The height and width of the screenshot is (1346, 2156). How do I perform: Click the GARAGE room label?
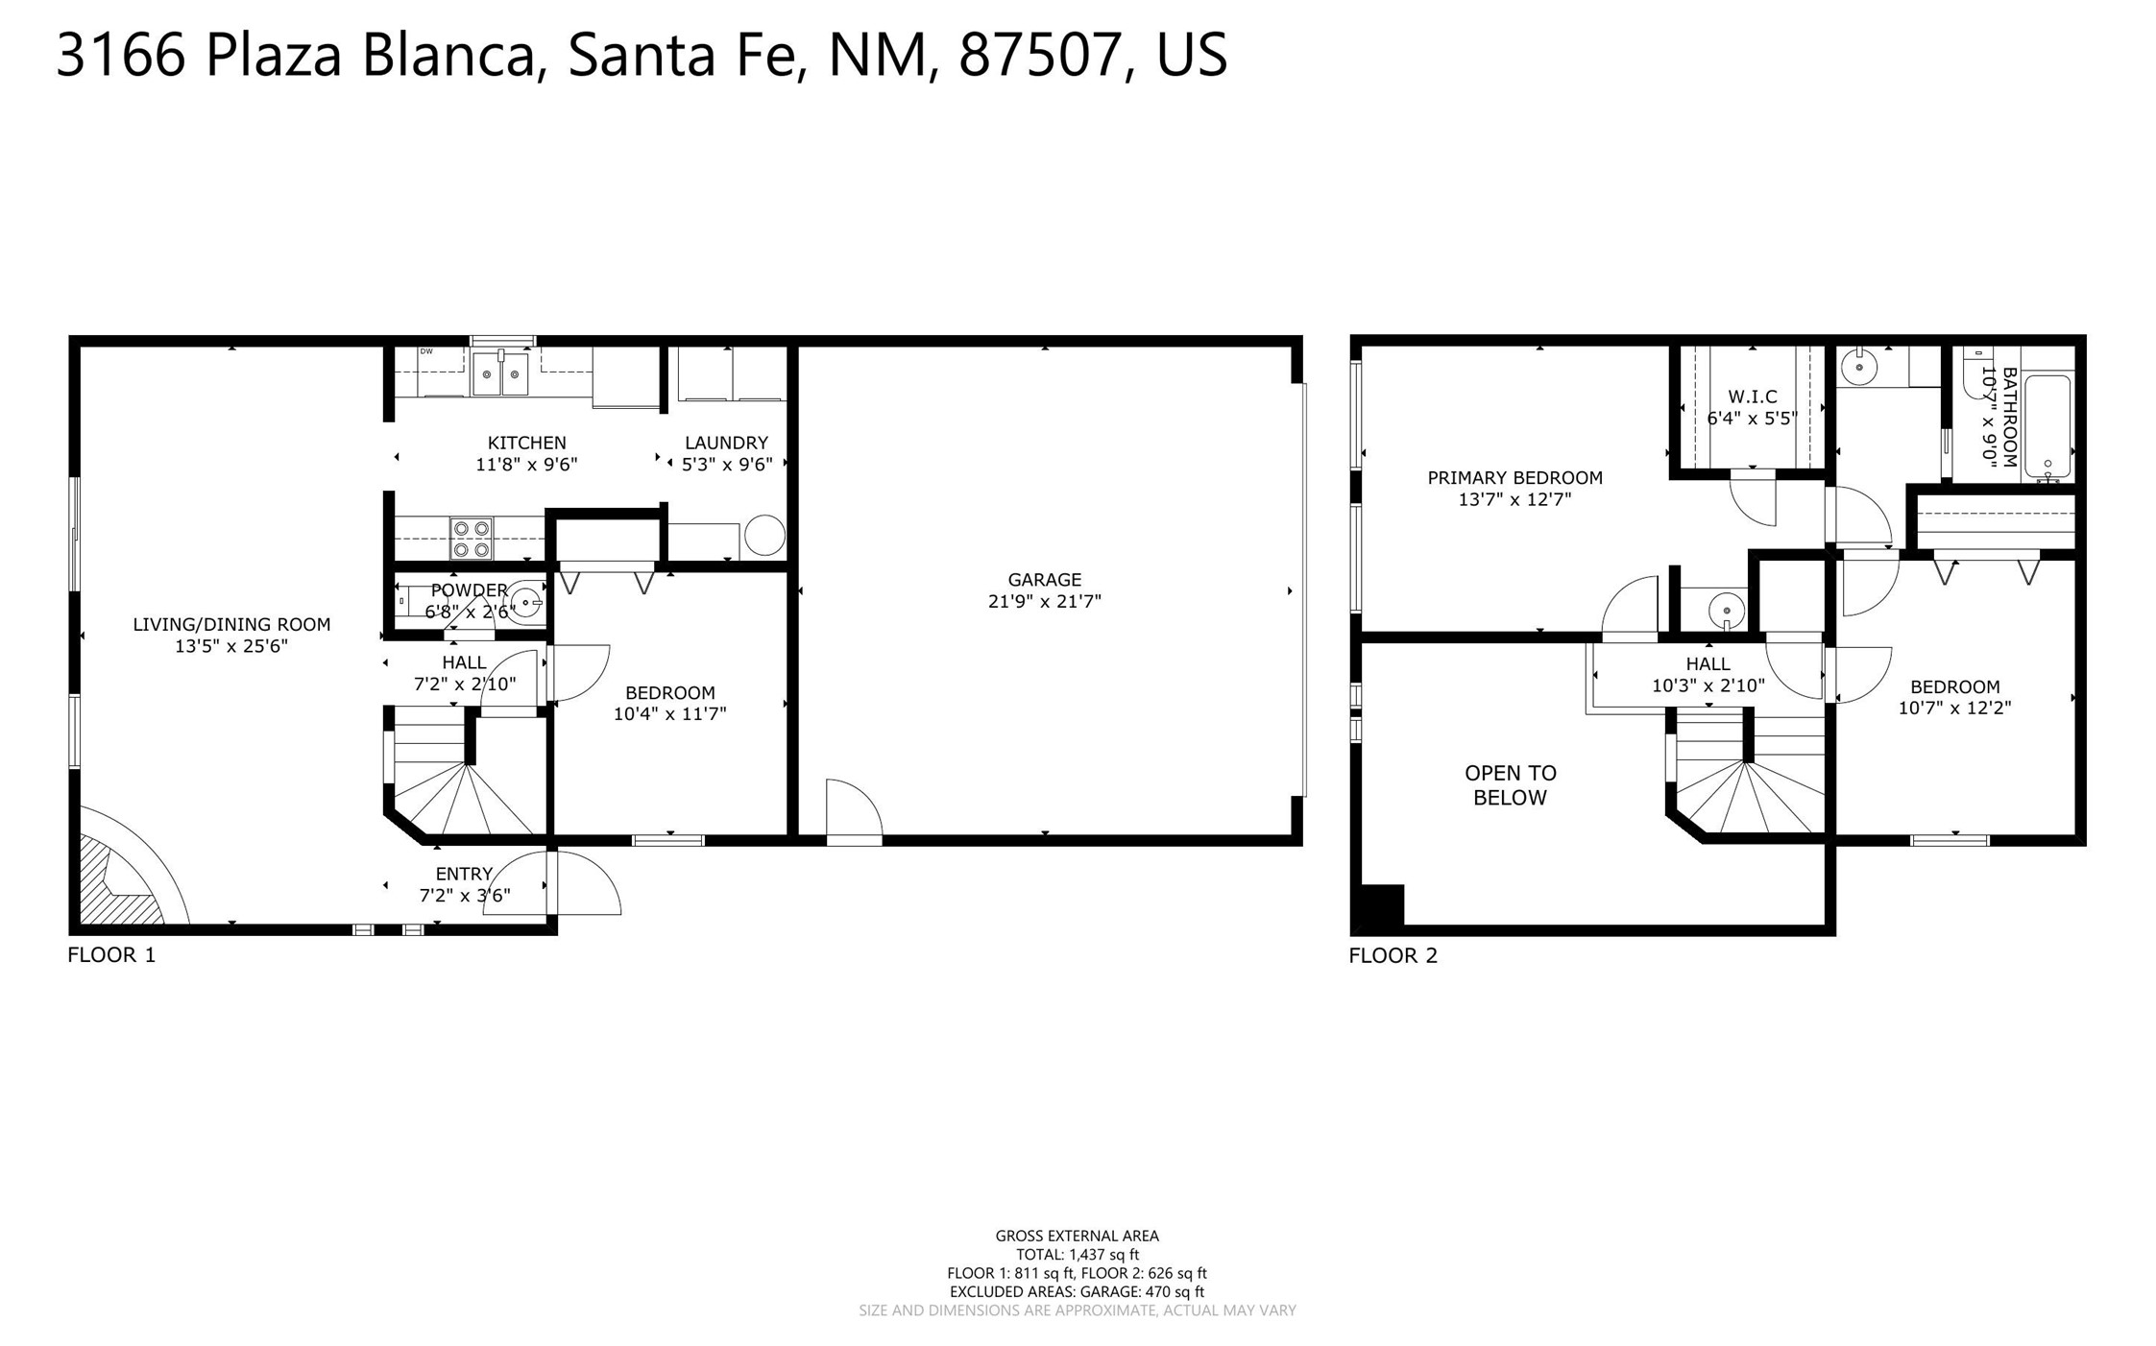tap(1044, 580)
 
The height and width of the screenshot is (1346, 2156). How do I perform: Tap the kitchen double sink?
tap(500, 373)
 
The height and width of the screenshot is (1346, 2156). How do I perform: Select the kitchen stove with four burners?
tap(471, 539)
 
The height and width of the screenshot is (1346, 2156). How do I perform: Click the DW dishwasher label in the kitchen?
tap(426, 351)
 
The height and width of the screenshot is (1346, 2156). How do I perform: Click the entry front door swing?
tap(583, 882)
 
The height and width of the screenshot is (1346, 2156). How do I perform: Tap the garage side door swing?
tap(854, 811)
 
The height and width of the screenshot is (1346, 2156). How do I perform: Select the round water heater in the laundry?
tap(764, 536)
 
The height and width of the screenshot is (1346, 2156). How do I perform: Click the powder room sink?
tap(526, 603)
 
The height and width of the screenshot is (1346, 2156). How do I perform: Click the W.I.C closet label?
tap(1753, 397)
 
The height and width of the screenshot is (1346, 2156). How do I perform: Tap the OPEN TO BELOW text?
tap(1511, 785)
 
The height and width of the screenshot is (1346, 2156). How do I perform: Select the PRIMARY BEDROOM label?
tap(1514, 478)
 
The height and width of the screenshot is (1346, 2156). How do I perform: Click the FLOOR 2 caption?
tap(1393, 955)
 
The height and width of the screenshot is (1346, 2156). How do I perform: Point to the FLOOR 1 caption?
tap(111, 954)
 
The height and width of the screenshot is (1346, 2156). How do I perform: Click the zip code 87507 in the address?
tap(1039, 55)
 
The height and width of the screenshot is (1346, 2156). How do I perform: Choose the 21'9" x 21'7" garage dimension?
tap(1044, 602)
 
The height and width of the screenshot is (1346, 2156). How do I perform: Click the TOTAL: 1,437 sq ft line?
tap(1078, 1255)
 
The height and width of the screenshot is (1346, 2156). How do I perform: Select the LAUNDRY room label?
tap(726, 443)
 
